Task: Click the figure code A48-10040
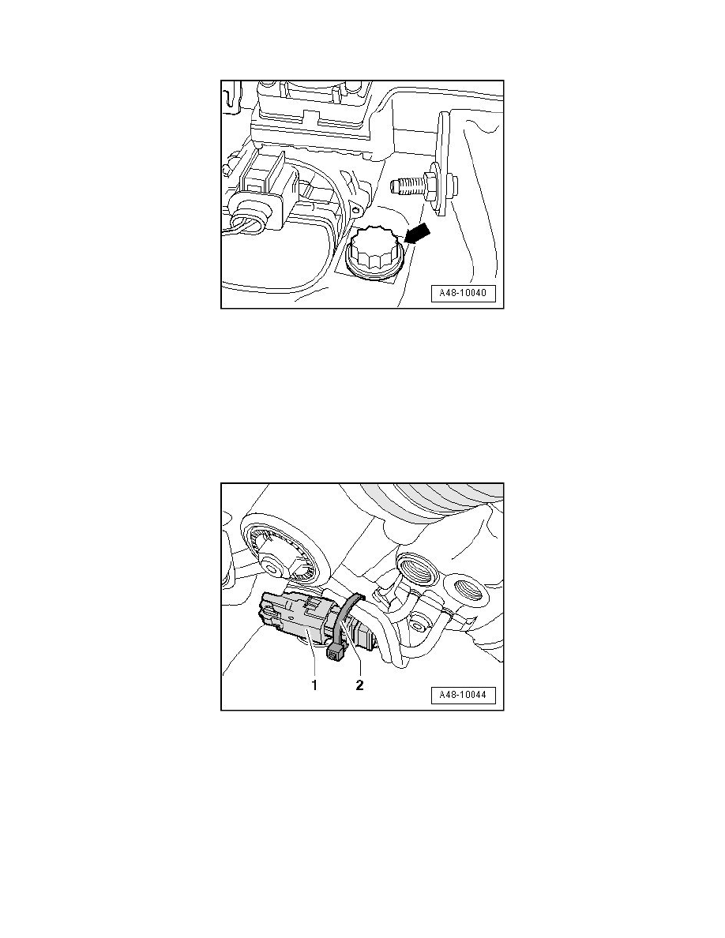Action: (463, 294)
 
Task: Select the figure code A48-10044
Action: (463, 695)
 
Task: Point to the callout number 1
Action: (314, 685)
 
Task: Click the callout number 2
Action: (359, 685)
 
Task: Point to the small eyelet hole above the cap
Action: (357, 210)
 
